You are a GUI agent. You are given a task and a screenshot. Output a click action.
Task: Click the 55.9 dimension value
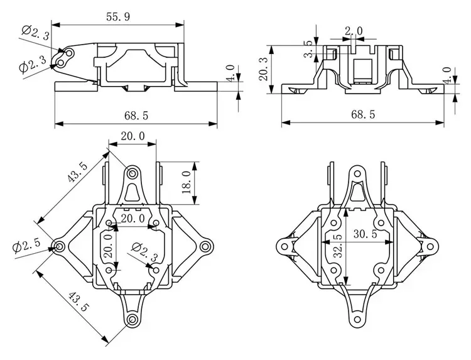point(118,18)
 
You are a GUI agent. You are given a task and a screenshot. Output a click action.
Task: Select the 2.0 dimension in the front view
point(354,31)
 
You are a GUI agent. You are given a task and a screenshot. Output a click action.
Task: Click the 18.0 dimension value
point(186,182)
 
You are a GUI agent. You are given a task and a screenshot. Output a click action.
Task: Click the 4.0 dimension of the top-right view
point(447,76)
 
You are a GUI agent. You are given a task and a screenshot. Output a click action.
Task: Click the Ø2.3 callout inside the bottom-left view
point(141,249)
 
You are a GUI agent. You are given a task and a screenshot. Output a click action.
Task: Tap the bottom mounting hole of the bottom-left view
point(133,320)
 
